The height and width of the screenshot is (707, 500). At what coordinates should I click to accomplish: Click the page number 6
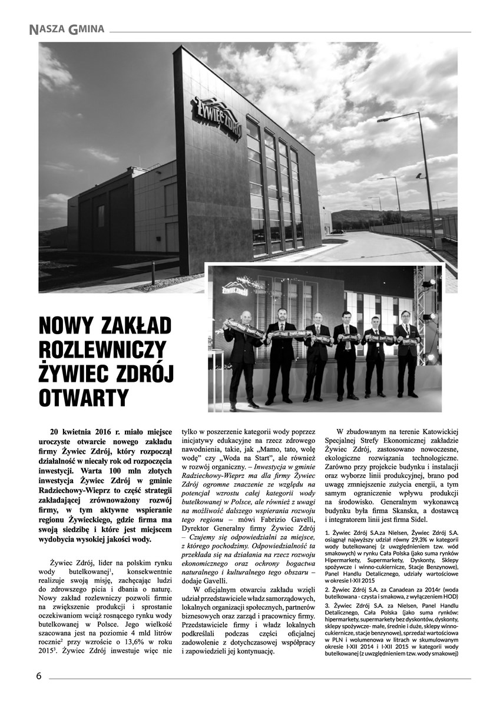[x=39, y=676]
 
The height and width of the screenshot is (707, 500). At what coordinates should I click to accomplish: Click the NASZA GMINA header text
[x=67, y=28]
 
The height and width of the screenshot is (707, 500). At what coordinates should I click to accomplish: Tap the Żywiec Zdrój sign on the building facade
[x=216, y=118]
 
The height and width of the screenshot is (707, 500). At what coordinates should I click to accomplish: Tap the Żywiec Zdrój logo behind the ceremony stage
[x=234, y=288]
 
